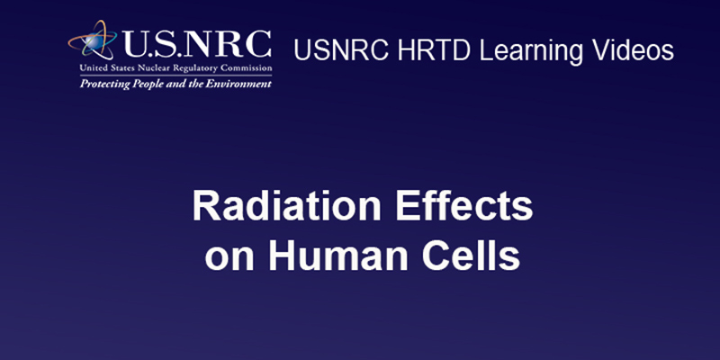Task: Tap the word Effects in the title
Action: pyautogui.click(x=464, y=206)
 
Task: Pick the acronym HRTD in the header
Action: pyautogui.click(x=434, y=50)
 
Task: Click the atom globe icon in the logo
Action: pyautogui.click(x=93, y=40)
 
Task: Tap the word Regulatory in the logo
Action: pyautogui.click(x=183, y=69)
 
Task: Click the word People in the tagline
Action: pyautogui.click(x=132, y=85)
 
